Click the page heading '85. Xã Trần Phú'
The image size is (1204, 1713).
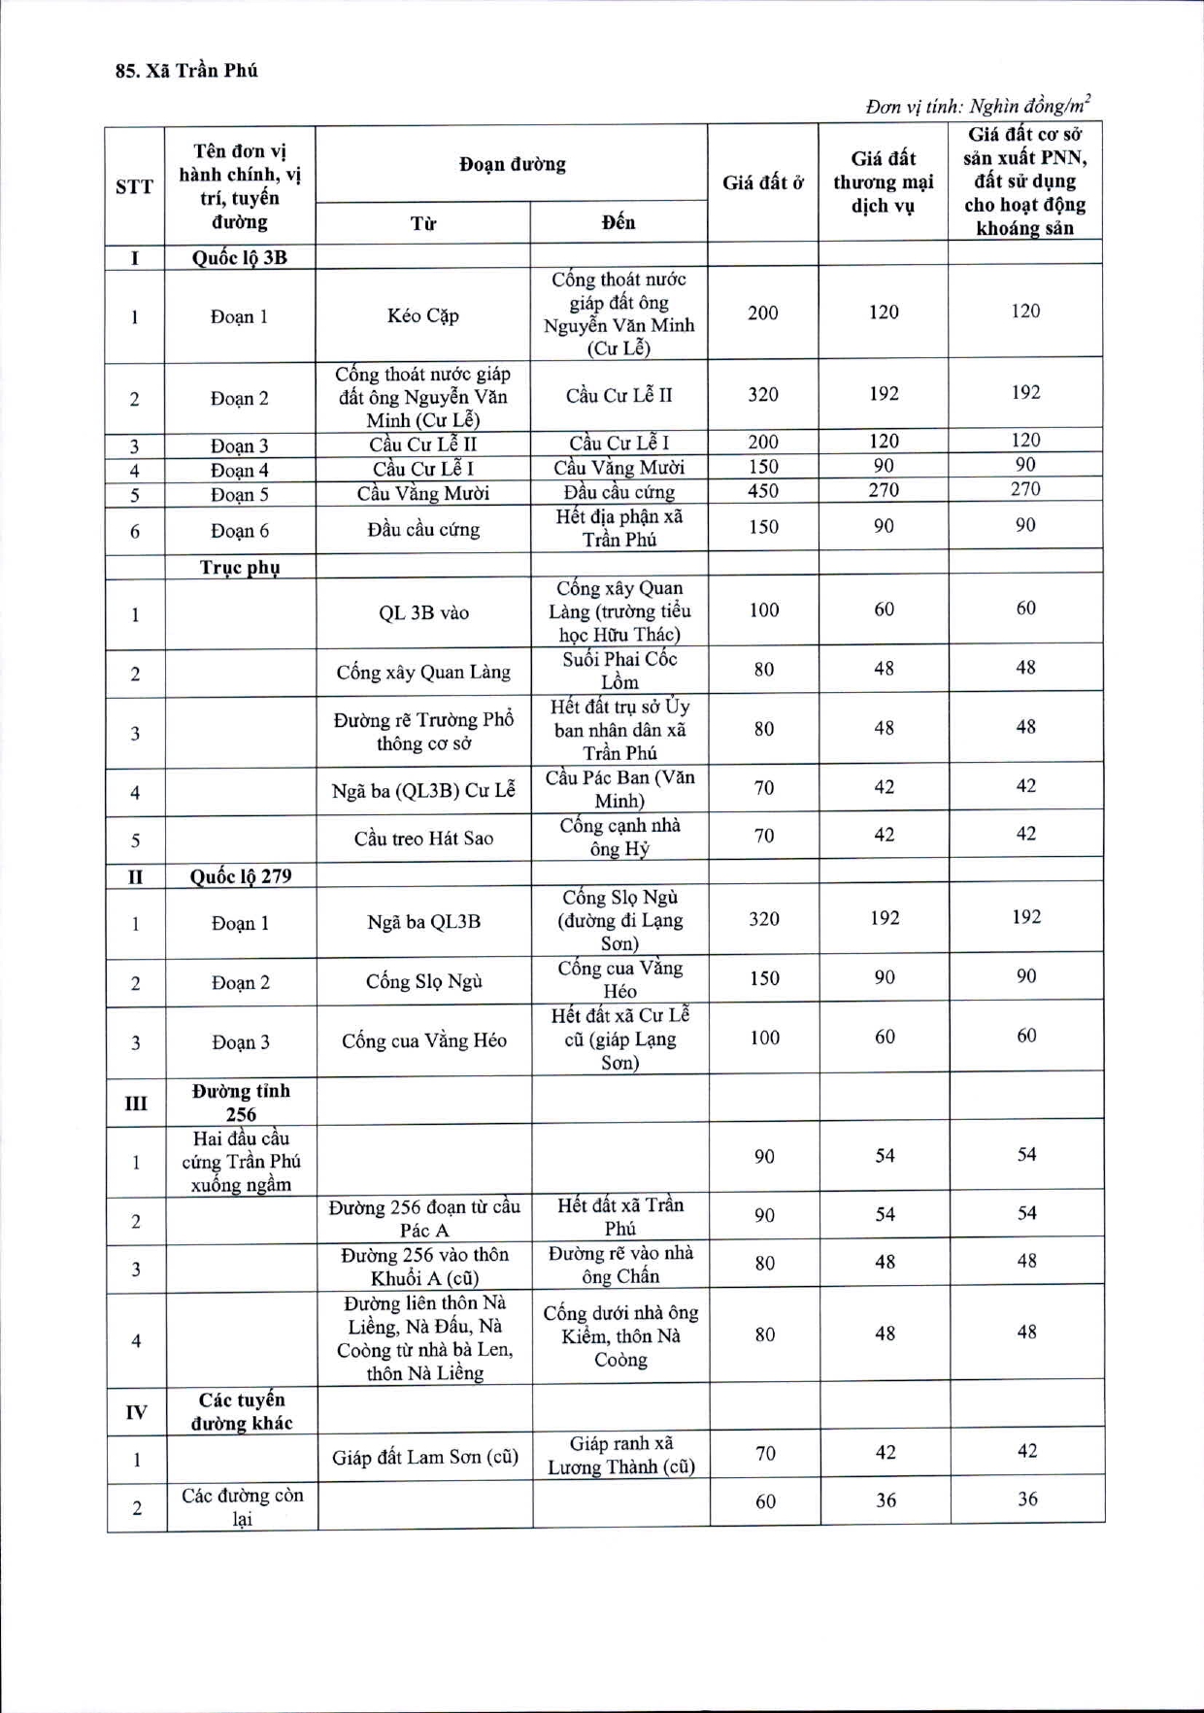pyautogui.click(x=186, y=71)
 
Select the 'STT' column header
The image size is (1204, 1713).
pyautogui.click(x=134, y=186)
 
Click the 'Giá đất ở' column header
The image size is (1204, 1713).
pyautogui.click(x=762, y=182)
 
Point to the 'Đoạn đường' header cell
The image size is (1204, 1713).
pyautogui.click(x=512, y=164)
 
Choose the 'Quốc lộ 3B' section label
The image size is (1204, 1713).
pyautogui.click(x=239, y=257)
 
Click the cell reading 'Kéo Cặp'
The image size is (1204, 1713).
pyautogui.click(x=422, y=315)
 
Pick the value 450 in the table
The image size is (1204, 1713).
pyautogui.click(x=762, y=491)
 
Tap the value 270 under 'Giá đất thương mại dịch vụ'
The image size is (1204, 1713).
pyautogui.click(x=884, y=490)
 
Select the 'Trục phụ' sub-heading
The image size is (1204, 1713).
pyautogui.click(x=240, y=567)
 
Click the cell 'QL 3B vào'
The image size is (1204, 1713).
pyautogui.click(x=423, y=612)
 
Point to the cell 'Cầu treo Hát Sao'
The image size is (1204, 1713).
pyautogui.click(x=423, y=838)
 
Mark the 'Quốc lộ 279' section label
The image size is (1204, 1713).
pyautogui.click(x=240, y=875)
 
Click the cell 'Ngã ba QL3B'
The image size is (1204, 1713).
pyautogui.click(x=423, y=921)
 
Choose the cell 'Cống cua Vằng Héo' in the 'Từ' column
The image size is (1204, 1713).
pyautogui.click(x=423, y=1040)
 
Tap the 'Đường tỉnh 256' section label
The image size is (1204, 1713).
pyautogui.click(x=241, y=1103)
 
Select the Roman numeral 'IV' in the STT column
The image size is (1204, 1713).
pyautogui.click(x=136, y=1411)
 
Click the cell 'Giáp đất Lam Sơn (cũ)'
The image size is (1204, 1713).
pyautogui.click(x=425, y=1457)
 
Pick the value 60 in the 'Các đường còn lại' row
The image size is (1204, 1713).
pyautogui.click(x=765, y=1501)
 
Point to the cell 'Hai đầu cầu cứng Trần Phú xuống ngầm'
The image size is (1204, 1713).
pyautogui.click(x=241, y=1161)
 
